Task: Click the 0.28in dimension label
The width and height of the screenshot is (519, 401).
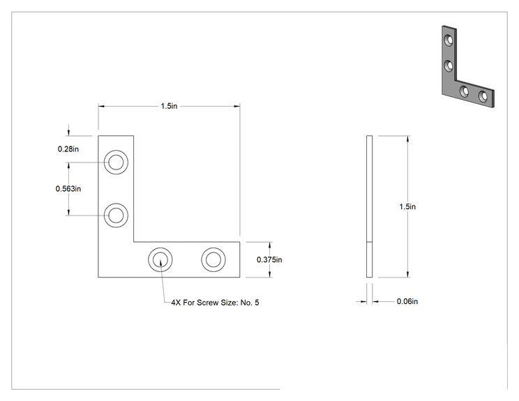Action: (x=68, y=149)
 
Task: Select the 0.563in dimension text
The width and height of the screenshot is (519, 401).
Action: (x=68, y=189)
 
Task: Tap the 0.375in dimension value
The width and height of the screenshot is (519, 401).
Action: (x=269, y=259)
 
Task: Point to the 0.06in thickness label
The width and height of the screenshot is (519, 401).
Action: (x=407, y=301)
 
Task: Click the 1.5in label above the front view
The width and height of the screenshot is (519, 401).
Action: (x=169, y=106)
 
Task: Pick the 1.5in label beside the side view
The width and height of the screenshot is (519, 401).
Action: (x=407, y=207)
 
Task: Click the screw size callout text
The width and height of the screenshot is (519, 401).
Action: (x=215, y=303)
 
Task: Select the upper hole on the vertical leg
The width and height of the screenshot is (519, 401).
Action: (x=116, y=162)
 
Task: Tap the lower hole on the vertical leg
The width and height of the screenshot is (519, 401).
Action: (x=116, y=215)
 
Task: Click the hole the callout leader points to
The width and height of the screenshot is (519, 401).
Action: (x=160, y=259)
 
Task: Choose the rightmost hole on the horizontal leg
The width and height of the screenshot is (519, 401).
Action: (x=213, y=259)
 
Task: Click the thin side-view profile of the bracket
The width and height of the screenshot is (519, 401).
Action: (x=370, y=206)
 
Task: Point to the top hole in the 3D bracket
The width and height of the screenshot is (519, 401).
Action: (x=449, y=40)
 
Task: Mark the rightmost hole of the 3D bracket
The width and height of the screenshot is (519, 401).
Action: (x=483, y=96)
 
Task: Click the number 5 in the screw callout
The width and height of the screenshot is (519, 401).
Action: (x=257, y=303)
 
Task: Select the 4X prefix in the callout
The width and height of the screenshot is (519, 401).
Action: (x=176, y=303)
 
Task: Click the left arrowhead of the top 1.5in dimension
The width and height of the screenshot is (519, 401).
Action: (x=101, y=106)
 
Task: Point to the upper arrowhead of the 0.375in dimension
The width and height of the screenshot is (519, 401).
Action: (x=270, y=245)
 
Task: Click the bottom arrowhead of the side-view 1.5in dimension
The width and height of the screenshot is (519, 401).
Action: (x=408, y=274)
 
